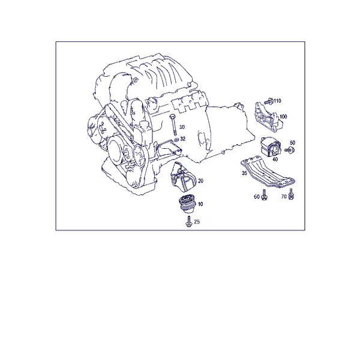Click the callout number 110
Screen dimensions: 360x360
[x=277, y=101]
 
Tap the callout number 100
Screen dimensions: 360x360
[x=283, y=116]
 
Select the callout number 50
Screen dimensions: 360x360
[x=293, y=143]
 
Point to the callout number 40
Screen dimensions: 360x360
[x=275, y=160]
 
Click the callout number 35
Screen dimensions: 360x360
[x=244, y=173]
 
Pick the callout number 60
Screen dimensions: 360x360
[x=257, y=197]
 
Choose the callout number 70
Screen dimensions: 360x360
[x=284, y=197]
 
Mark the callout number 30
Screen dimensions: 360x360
[x=182, y=127]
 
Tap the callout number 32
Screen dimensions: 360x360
[x=183, y=139]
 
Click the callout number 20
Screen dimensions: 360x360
[x=200, y=181]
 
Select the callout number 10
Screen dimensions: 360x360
[x=200, y=204]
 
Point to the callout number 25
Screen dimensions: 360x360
[x=197, y=222]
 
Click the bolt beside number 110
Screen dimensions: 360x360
[x=269, y=101]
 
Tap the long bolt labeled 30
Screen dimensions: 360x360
[x=173, y=125]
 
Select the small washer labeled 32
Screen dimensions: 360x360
[x=176, y=139]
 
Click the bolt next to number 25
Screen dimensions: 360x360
[x=189, y=221]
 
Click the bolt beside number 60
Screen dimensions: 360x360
[x=264, y=194]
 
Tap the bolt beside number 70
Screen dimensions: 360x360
[x=291, y=194]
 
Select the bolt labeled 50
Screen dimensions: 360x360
[x=290, y=150]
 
